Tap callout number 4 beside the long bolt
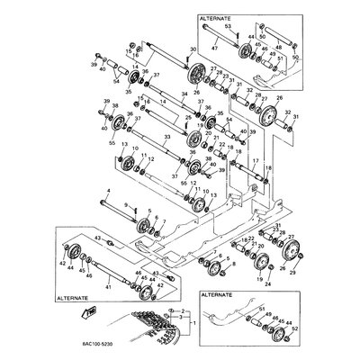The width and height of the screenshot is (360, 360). point(107,190)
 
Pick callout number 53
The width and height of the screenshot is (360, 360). point(228,29)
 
